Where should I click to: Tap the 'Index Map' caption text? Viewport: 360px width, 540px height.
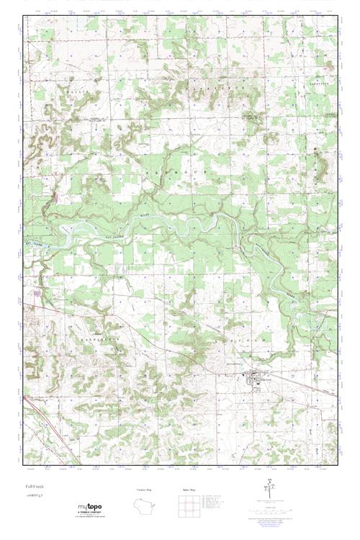190,489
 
